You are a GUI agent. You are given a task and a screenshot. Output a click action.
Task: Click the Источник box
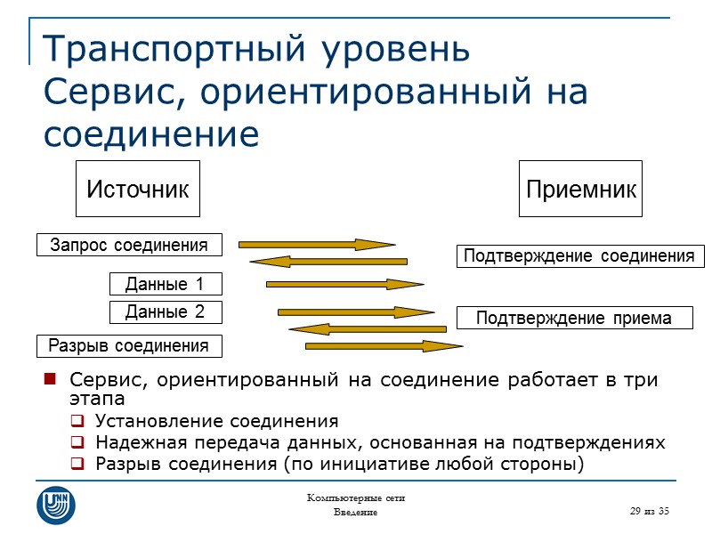137,189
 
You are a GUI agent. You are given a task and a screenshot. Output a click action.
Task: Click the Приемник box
580,189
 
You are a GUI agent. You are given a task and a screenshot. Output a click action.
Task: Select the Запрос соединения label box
129,245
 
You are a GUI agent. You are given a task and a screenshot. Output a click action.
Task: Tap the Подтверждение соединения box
575,256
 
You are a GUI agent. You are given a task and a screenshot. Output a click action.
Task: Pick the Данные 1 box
165,285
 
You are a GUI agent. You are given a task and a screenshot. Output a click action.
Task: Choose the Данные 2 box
165,312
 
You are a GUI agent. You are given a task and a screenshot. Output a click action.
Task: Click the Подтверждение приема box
574,319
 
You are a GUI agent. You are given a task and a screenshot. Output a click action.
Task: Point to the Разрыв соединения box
129,345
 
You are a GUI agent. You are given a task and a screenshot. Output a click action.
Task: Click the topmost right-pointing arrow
316,244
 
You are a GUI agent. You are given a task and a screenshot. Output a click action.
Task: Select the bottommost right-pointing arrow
383,345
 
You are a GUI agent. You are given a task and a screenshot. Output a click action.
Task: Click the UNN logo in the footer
55,504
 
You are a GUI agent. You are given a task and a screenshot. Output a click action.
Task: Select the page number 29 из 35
648,510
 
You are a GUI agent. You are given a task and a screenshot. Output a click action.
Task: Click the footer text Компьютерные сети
355,498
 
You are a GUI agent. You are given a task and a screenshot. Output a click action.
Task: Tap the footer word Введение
355,514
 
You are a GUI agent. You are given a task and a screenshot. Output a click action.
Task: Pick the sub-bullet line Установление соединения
216,421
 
